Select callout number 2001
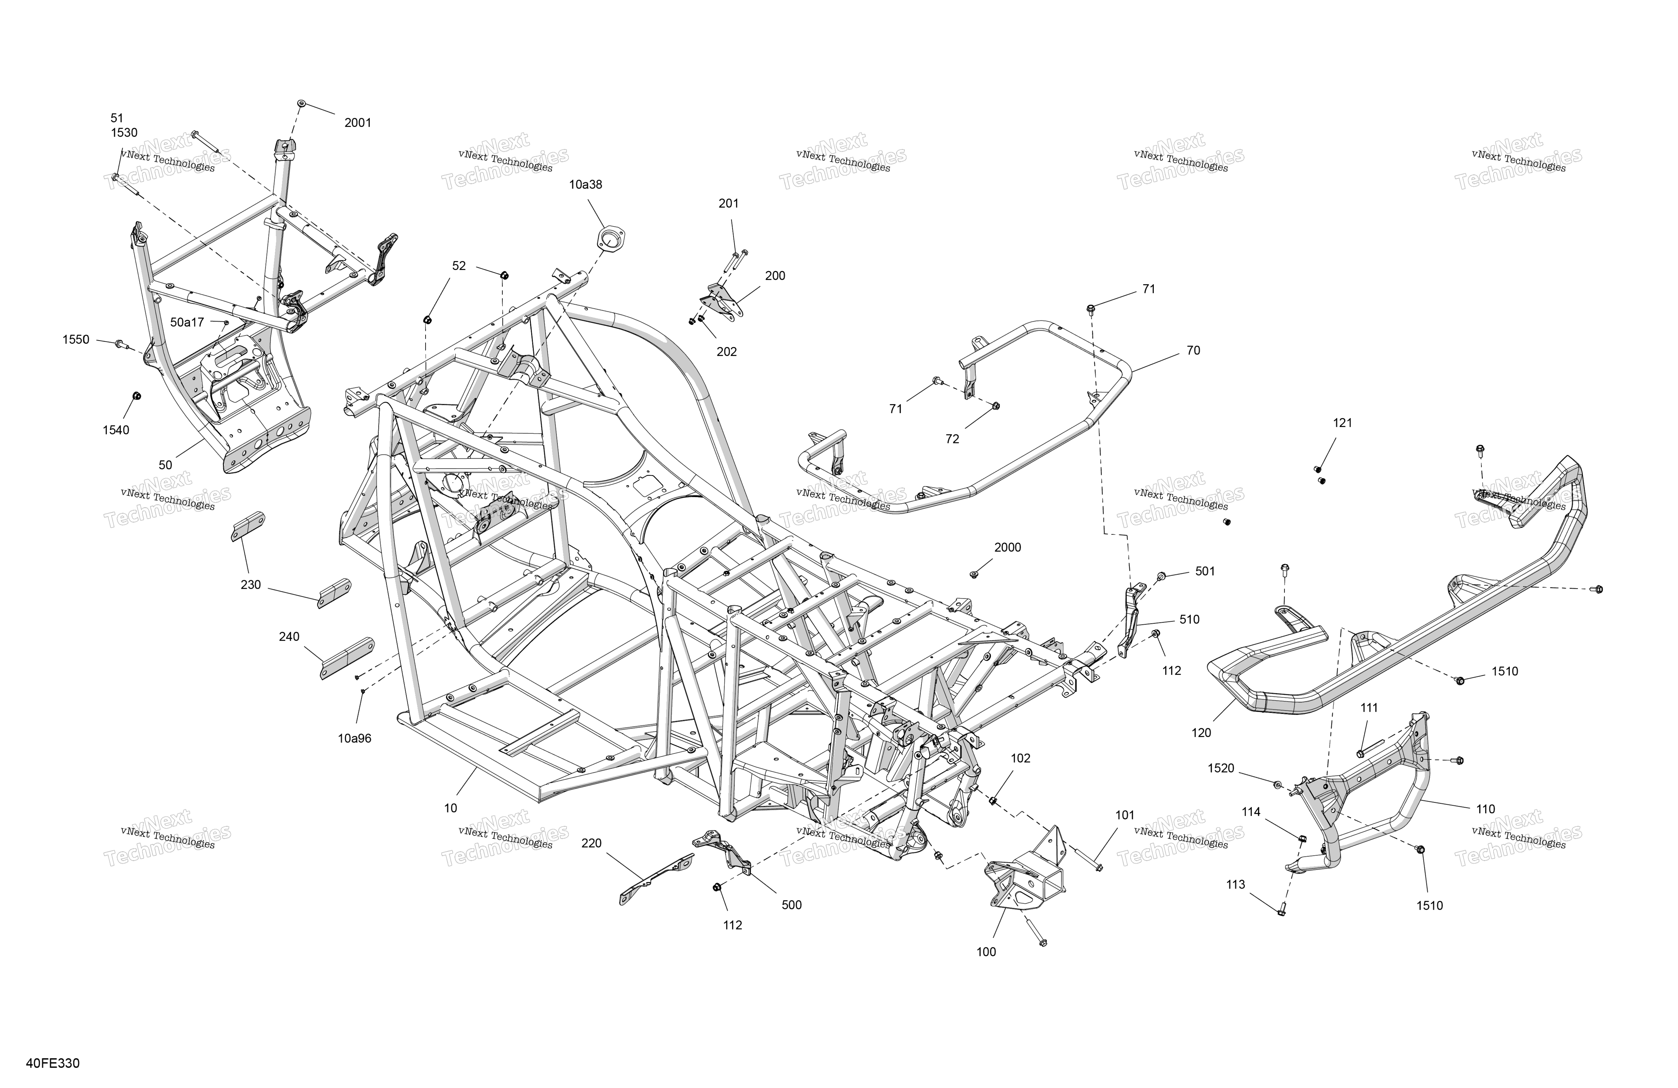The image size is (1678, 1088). [357, 123]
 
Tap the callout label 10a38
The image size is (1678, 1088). [586, 185]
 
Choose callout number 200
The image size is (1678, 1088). [775, 276]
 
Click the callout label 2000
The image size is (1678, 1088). [1008, 547]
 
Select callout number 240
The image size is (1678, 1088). [289, 637]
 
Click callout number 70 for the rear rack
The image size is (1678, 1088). [1194, 351]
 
